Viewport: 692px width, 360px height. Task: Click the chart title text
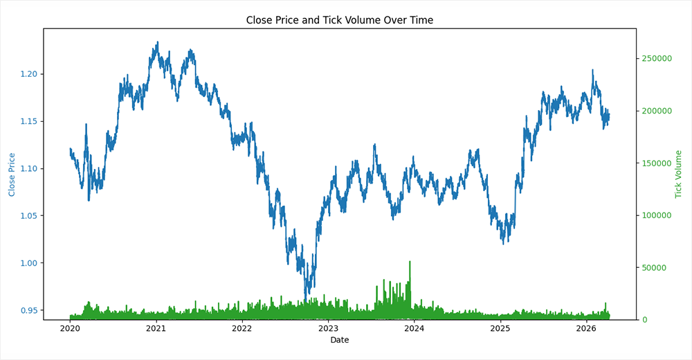(x=339, y=20)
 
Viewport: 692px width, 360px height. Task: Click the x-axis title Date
(x=339, y=340)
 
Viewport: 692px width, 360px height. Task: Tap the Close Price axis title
(x=12, y=174)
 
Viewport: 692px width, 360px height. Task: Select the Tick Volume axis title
(x=679, y=174)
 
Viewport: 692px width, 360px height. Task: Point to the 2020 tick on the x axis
(x=70, y=327)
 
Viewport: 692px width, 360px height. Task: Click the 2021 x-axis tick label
(x=156, y=327)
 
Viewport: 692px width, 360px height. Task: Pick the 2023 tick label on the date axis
(x=328, y=327)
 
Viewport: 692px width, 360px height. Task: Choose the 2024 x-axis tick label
(x=414, y=327)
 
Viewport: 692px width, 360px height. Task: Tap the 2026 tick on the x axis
(x=586, y=327)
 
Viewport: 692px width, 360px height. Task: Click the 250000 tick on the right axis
(x=657, y=59)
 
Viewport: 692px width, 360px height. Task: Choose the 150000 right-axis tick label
(x=657, y=163)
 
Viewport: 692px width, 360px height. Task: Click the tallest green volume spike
(x=410, y=262)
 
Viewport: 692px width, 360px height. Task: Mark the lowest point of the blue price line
(x=305, y=299)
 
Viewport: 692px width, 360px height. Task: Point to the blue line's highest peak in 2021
(x=157, y=42)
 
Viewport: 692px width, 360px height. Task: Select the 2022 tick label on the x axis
(x=242, y=327)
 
